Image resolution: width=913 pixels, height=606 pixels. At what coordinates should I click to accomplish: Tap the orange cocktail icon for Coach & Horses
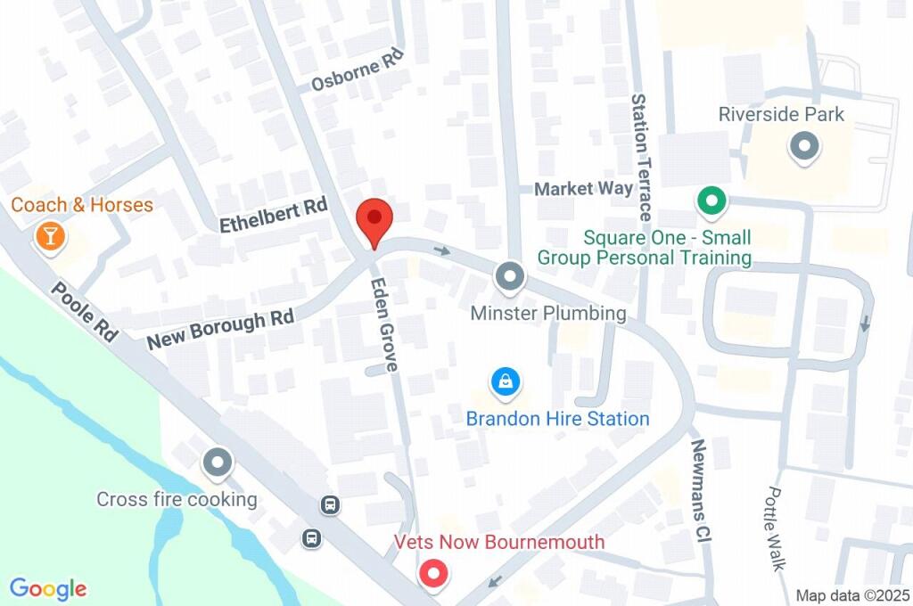click(x=49, y=236)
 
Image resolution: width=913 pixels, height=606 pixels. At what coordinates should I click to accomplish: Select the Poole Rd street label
click(x=85, y=313)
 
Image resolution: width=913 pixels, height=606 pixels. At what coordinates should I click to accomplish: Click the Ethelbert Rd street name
click(x=274, y=216)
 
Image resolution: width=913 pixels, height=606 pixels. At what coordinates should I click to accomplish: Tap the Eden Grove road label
click(x=385, y=323)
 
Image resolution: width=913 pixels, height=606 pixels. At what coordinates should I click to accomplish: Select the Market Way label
click(x=583, y=189)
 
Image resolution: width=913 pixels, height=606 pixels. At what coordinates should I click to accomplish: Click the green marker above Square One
click(x=711, y=202)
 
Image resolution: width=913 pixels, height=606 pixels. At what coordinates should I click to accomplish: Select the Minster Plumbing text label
click(x=548, y=314)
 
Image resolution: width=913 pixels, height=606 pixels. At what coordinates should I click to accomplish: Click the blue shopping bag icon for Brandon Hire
click(x=506, y=383)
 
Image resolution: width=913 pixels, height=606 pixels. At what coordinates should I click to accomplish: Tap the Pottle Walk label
click(x=777, y=528)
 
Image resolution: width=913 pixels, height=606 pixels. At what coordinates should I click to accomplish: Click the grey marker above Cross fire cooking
click(x=217, y=463)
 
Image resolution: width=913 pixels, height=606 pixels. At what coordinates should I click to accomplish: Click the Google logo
click(x=48, y=589)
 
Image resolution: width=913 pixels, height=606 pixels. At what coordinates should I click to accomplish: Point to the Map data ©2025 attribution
click(x=851, y=595)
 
